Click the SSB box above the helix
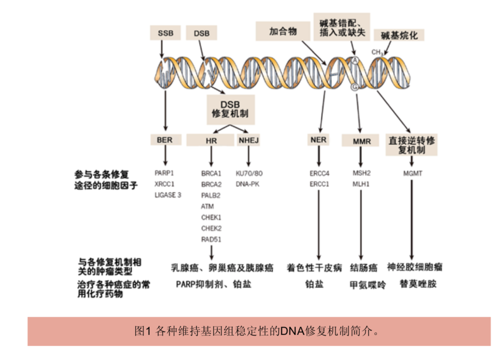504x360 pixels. coord(165,33)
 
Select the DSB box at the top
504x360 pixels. coord(202,33)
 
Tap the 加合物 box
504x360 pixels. coord(283,31)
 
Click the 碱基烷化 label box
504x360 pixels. coord(399,35)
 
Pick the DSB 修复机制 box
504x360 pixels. coord(230,109)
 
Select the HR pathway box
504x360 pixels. coord(211,140)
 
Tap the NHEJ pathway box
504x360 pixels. coord(248,140)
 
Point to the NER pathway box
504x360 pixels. coord(318,140)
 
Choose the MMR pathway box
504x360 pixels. coord(362,141)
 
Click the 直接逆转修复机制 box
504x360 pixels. coord(411,145)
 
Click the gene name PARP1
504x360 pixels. coord(164,173)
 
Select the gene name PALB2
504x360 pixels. coord(211,195)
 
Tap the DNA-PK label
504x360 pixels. coord(247,184)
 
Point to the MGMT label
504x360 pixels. coord(413,173)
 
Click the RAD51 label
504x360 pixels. coord(211,239)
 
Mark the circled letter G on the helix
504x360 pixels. coord(354,87)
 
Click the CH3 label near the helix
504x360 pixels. coord(377,52)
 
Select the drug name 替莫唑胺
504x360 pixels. coord(418,284)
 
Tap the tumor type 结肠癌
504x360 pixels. coord(363,268)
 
